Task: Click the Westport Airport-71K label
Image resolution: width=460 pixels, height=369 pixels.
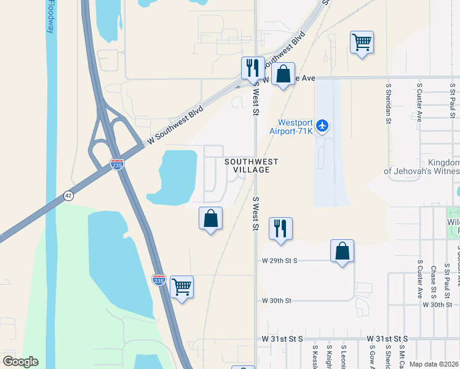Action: [x=291, y=126]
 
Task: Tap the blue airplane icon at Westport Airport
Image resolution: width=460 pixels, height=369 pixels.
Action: [x=323, y=127]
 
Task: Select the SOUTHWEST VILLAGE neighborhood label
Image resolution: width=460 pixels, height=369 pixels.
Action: [x=251, y=165]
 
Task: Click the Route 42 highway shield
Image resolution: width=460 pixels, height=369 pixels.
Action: [x=69, y=196]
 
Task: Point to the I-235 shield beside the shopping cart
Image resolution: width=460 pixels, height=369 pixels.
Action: [x=159, y=279]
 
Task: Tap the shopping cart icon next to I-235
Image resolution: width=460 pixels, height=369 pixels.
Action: [x=181, y=287]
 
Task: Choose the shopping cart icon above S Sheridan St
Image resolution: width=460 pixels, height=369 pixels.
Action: [x=362, y=42]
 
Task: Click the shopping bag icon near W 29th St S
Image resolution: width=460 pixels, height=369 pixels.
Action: [x=342, y=251]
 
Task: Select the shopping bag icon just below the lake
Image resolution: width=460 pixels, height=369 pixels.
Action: [x=210, y=218]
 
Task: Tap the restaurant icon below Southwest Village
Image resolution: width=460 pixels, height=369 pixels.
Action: [x=280, y=229]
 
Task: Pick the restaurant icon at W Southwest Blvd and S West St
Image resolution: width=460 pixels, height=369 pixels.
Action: [x=252, y=68]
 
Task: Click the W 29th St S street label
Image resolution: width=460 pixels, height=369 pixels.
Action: [x=279, y=261]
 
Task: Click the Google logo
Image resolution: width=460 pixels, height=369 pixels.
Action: [x=20, y=362]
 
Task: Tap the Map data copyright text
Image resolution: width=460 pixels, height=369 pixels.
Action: [x=434, y=364]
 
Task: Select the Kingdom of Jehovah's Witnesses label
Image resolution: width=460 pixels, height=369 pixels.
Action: [x=422, y=166]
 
